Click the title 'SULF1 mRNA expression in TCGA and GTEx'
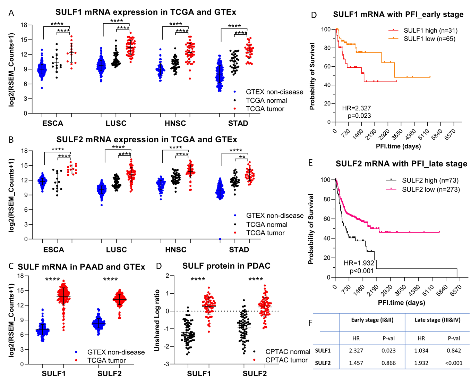146,12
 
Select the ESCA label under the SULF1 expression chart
53,123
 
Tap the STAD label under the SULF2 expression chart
239,250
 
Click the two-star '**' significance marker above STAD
242,157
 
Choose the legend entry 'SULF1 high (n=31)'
430,31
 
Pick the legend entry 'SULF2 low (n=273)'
431,190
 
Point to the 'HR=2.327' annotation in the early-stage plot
357,108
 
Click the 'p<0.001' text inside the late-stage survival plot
362,271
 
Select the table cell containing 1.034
421,351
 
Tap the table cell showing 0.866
388,363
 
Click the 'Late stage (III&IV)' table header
437,320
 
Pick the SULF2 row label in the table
323,363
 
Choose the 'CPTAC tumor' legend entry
286,360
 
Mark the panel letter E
310,163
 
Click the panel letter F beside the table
310,323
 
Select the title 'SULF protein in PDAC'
226,266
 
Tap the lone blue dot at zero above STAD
220,239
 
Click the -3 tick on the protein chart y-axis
167,364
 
